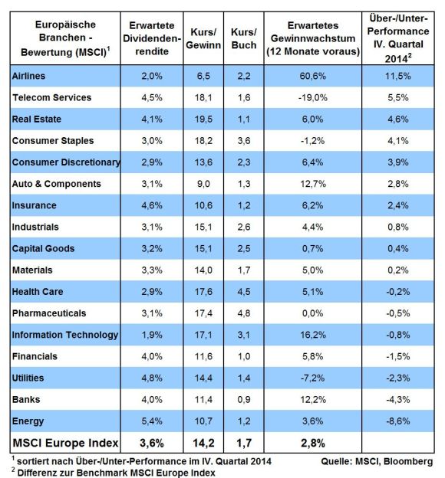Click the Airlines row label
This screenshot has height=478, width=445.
pos(28,76)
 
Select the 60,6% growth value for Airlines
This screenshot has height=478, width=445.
pos(313,76)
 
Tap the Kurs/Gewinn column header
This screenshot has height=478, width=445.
pos(203,38)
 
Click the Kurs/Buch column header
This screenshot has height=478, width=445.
pos(244,38)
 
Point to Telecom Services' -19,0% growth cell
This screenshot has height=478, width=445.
pos(313,97)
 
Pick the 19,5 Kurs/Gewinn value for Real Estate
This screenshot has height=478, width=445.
pos(203,119)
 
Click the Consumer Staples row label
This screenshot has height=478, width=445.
pos(53,140)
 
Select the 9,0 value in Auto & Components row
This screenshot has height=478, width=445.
pos(203,184)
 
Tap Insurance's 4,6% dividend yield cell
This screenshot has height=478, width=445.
pos(152,205)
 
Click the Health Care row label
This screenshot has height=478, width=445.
pos(38,291)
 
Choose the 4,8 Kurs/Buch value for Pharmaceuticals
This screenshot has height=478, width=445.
pos(244,313)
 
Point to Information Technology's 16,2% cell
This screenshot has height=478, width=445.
pos(313,335)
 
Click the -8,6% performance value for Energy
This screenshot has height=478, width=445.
pos(398,421)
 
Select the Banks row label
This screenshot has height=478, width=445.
pos(26,399)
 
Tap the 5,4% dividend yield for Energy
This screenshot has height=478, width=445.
pos(152,421)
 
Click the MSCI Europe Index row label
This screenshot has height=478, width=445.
pos(65,443)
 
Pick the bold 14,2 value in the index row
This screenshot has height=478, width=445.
pos(203,443)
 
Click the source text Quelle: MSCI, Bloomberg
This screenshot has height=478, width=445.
pos(377,461)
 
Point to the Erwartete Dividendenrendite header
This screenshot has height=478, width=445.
pos(152,38)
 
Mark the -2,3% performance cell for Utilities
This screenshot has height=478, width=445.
pos(398,378)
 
